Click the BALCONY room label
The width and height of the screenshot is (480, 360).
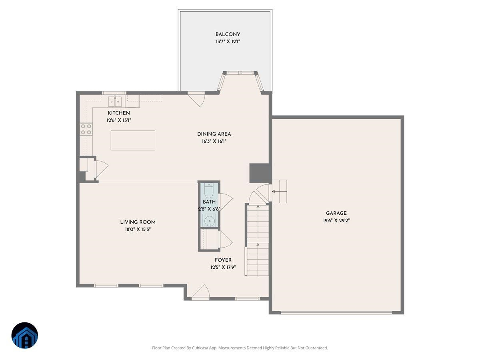pos(228,34)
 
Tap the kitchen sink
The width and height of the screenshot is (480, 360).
pos(115,101)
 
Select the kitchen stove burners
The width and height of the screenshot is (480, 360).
pos(86,129)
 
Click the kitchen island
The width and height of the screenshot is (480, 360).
pos(133,140)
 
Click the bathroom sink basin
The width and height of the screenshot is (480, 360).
pos(209,220)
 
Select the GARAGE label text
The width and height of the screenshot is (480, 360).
pos(336,213)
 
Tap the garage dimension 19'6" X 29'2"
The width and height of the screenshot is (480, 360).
pos(336,220)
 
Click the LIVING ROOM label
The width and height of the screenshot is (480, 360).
pos(138,222)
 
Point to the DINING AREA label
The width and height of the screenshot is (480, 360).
pos(214,134)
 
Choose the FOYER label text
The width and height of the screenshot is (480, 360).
pos(223,260)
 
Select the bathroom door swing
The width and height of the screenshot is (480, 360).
pos(225,202)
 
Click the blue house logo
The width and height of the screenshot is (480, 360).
pos(25,335)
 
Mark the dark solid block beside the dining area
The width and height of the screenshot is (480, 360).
pos(259,173)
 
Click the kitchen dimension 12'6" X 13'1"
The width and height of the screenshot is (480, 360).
pos(119,120)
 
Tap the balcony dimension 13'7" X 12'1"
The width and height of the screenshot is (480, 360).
pos(228,42)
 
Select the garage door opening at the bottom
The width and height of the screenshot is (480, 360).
pos(336,312)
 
